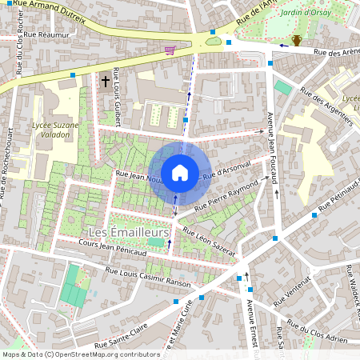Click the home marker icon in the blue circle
click(x=180, y=172)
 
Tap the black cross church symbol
click(x=106, y=81)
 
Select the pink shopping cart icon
click(x=169, y=50)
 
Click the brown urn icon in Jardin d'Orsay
click(x=297, y=40)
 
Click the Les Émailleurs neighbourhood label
click(x=128, y=232)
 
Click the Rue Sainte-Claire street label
click(x=121, y=338)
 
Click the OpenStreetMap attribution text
click(x=81, y=354)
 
